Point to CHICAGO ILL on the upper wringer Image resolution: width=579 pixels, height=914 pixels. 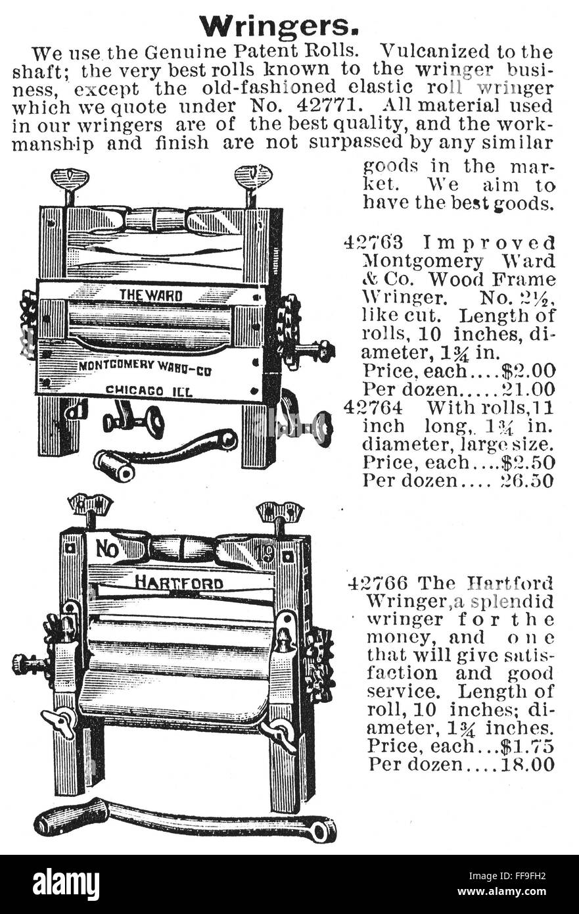(x=149, y=391)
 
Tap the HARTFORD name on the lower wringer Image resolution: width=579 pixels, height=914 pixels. (x=179, y=583)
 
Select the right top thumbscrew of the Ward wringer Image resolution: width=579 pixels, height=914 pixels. (x=253, y=179)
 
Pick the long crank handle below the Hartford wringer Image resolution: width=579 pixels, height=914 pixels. (x=184, y=820)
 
